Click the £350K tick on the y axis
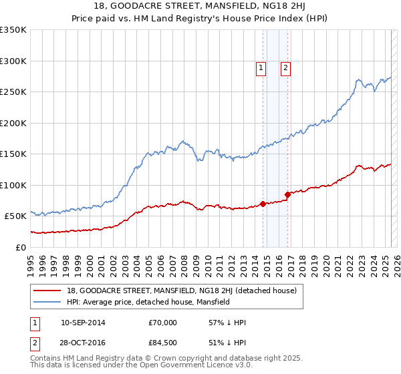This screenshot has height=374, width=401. [13, 30]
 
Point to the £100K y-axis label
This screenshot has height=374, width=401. [13, 185]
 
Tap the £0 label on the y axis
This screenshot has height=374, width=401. [21, 247]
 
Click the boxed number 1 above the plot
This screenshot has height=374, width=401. [260, 67]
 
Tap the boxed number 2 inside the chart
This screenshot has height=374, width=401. [285, 67]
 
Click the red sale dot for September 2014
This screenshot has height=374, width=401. [263, 204]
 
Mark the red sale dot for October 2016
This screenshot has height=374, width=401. [288, 195]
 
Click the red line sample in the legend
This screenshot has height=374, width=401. [48, 291]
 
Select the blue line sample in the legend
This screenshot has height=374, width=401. [48, 302]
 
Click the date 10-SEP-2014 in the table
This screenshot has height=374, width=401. [83, 323]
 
